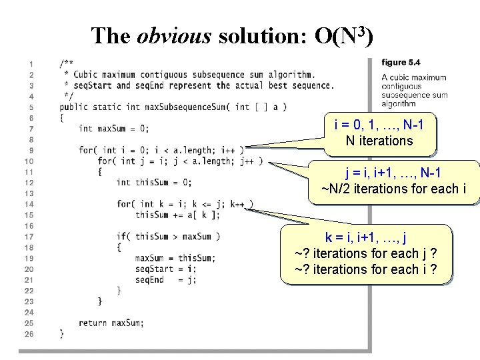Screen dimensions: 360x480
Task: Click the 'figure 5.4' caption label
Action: [401, 63]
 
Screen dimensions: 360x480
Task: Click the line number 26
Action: [29, 333]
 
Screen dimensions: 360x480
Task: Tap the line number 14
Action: [29, 204]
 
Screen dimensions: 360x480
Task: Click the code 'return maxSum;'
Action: [111, 323]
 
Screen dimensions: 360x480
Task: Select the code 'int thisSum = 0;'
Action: [153, 182]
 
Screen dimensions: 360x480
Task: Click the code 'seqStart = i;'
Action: [165, 269]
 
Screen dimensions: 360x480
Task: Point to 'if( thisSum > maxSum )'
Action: [168, 236]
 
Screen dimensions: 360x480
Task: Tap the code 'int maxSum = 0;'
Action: [113, 128]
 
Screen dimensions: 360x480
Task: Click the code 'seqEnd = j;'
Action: [165, 280]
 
